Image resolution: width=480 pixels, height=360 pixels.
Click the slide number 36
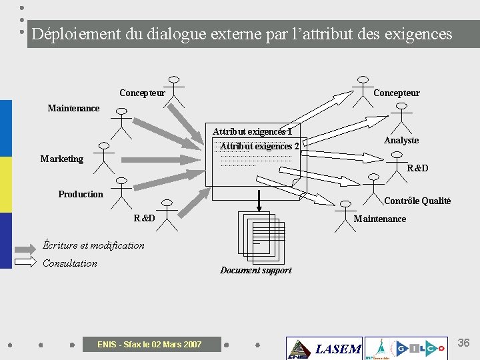tap(463, 343)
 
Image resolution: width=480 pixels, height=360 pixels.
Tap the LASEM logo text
tap(337, 349)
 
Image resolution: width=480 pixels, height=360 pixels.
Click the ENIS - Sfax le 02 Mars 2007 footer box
tap(149, 344)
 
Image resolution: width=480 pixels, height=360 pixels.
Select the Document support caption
tap(256, 270)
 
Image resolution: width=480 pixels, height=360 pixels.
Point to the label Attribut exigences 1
tap(252, 131)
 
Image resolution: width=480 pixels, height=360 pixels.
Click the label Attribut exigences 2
tap(259, 146)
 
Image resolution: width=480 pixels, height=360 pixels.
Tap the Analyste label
tap(401, 140)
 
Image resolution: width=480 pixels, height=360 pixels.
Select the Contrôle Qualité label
tap(417, 201)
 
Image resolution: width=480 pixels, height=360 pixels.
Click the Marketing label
tap(61, 159)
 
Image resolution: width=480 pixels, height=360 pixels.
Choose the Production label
tap(81, 194)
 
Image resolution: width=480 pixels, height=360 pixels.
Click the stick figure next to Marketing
tap(104, 157)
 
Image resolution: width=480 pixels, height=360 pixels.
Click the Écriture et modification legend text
tap(93, 245)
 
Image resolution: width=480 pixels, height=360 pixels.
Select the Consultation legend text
tap(70, 263)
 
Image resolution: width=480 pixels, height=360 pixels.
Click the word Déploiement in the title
tap(75, 34)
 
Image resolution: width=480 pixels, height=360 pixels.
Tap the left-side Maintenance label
tap(73, 108)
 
